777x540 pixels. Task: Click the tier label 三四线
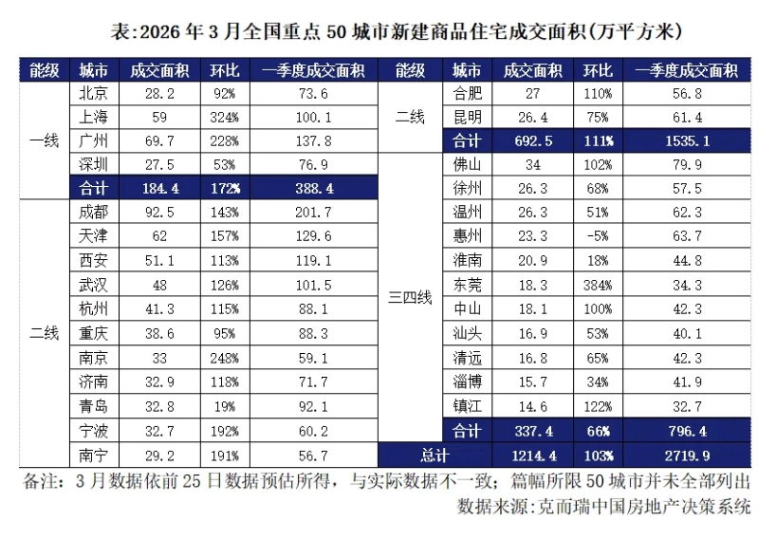(x=410, y=298)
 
